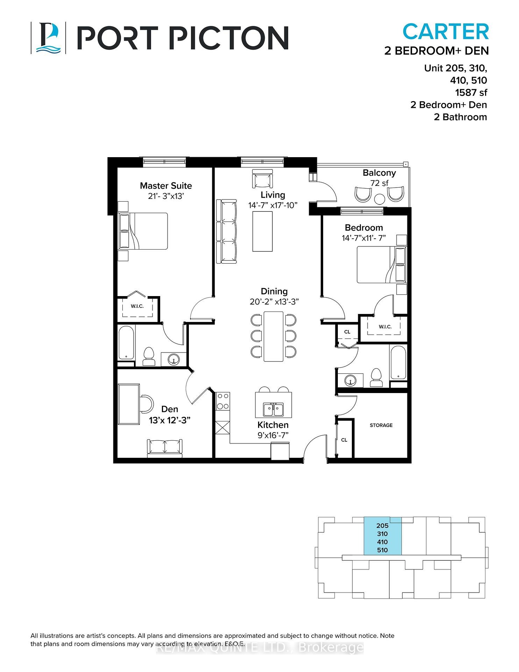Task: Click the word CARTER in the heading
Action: [446, 31]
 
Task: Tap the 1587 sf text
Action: [471, 92]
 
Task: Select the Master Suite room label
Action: [166, 186]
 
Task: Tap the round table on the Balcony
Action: [379, 199]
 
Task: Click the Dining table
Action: [273, 336]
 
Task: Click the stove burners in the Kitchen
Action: [222, 401]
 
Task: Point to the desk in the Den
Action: [129, 404]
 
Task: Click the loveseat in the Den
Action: [165, 448]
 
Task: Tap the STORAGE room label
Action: [381, 425]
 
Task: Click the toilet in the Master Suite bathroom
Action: [149, 357]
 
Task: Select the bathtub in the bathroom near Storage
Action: [398, 362]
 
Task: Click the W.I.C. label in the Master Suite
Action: [137, 306]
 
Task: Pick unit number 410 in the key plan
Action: [382, 542]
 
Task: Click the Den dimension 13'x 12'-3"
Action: [170, 420]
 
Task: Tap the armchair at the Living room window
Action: [262, 179]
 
